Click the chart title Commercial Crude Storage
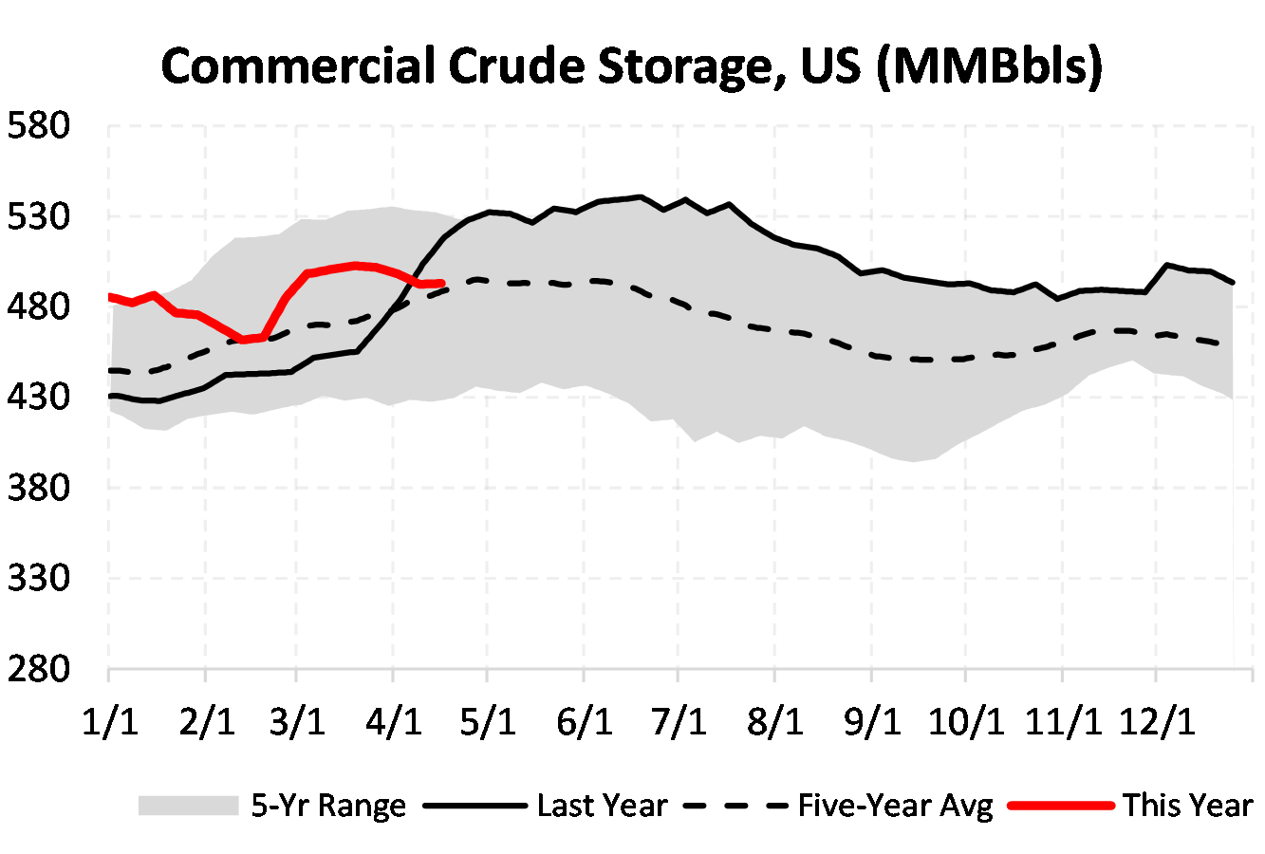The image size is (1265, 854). (x=631, y=66)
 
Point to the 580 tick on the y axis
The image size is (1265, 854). (x=39, y=125)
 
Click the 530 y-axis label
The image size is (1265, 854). (x=39, y=216)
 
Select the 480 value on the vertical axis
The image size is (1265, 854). (x=39, y=306)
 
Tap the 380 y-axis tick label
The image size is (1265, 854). (x=39, y=488)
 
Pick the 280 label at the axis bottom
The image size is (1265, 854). (x=39, y=669)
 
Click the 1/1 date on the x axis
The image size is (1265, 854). (x=109, y=722)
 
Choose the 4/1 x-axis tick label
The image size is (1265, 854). (x=394, y=722)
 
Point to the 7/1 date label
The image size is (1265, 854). (x=679, y=722)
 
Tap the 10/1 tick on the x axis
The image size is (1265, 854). (x=965, y=722)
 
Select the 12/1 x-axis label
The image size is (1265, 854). (x=1157, y=722)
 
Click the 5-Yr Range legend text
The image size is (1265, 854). (x=328, y=806)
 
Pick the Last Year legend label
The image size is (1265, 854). (x=602, y=806)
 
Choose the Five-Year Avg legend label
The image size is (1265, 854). (x=895, y=806)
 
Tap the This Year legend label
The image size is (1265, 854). (x=1187, y=806)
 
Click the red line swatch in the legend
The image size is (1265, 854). (x=1060, y=806)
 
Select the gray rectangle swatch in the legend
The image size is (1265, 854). (x=187, y=806)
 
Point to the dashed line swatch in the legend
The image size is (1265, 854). (x=735, y=806)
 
